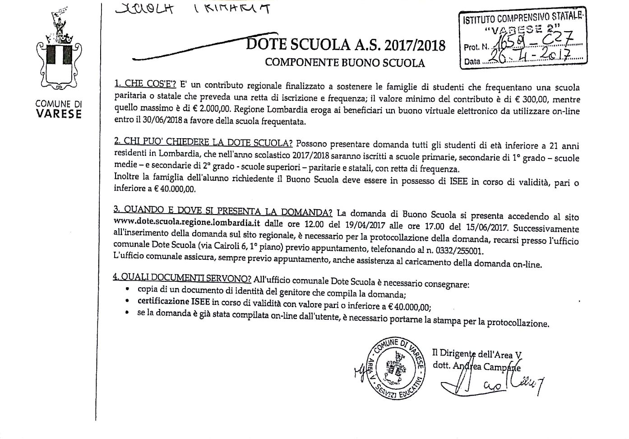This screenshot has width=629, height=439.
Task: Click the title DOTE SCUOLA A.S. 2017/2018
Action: tap(346, 45)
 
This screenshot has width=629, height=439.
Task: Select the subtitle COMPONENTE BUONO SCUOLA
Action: tap(345, 63)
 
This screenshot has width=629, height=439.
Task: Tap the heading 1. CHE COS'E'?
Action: tap(145, 84)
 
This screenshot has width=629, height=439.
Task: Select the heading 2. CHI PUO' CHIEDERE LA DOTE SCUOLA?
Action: tap(203, 143)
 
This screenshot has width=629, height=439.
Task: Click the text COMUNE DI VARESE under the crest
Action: tap(59, 109)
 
